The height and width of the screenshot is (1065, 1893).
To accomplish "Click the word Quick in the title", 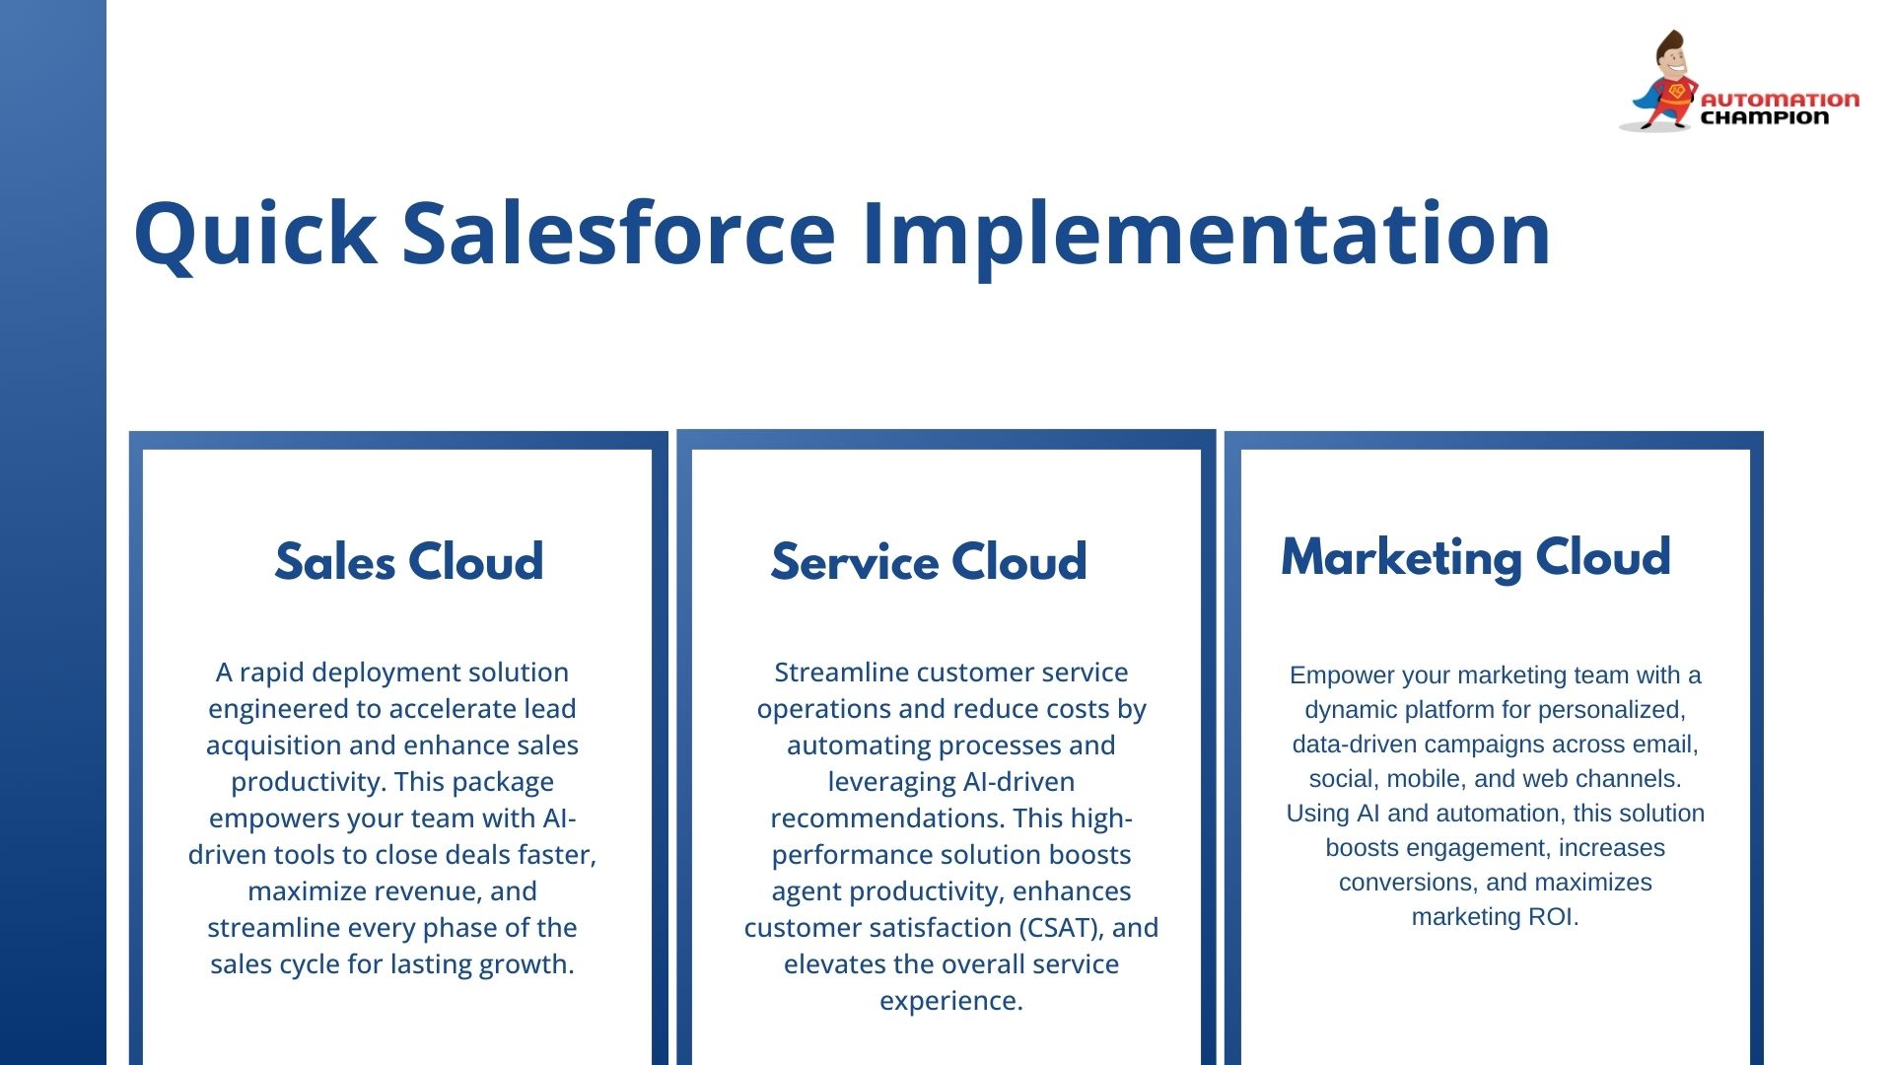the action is (254, 235).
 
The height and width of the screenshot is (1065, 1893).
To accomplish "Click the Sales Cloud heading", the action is (409, 562).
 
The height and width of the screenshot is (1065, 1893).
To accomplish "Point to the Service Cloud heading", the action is (929, 562).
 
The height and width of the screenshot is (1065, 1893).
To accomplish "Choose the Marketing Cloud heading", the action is (1476, 558).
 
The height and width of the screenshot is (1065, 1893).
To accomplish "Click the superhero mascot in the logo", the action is (1662, 81).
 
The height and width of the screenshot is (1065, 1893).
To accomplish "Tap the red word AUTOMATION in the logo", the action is (1780, 100).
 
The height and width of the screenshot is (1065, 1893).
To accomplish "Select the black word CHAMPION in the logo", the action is (1765, 117).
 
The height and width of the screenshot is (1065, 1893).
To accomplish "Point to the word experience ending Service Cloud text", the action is (951, 1001).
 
